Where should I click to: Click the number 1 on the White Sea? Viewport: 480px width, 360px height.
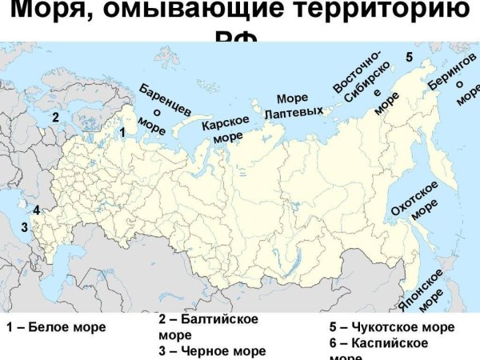pyautogui.click(x=122, y=130)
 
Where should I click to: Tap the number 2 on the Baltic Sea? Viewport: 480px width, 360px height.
pyautogui.click(x=56, y=117)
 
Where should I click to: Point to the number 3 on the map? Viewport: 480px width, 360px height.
pyautogui.click(x=24, y=227)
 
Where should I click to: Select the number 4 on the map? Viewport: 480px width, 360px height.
pyautogui.click(x=36, y=211)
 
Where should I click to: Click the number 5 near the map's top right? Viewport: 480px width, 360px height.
pyautogui.click(x=409, y=58)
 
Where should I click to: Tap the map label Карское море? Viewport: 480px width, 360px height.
pyautogui.click(x=226, y=129)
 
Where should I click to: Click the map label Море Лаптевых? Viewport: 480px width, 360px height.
pyautogui.click(x=293, y=105)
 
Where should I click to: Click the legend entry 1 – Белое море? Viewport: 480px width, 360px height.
pyautogui.click(x=56, y=327)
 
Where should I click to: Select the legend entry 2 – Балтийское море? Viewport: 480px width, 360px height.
pyautogui.click(x=208, y=327)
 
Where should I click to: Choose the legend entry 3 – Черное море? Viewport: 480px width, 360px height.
pyautogui.click(x=212, y=350)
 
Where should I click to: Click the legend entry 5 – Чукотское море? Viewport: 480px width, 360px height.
pyautogui.click(x=391, y=327)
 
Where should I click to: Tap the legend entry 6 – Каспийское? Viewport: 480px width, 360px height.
pyautogui.click(x=378, y=343)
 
